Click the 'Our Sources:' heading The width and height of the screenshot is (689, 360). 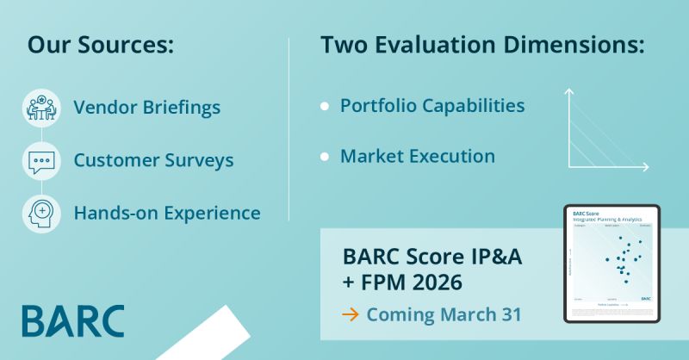[x=100, y=46]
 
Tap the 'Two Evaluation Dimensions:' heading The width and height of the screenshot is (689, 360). [x=482, y=46]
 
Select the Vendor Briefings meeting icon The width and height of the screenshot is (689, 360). [x=41, y=108]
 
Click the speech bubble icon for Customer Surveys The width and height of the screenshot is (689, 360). [x=41, y=161]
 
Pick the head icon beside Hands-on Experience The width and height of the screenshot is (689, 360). [x=41, y=213]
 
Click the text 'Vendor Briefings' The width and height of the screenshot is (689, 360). [x=146, y=108]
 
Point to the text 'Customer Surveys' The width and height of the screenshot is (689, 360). [x=153, y=160]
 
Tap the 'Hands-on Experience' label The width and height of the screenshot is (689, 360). [x=166, y=212]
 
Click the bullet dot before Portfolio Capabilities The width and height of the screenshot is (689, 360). [x=325, y=107]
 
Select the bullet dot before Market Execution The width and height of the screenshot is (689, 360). [x=325, y=158]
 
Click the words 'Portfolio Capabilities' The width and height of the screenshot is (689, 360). [x=432, y=106]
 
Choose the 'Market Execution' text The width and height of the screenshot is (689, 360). [x=418, y=157]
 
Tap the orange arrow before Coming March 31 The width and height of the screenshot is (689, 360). [x=350, y=314]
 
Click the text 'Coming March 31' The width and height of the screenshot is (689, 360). [x=444, y=314]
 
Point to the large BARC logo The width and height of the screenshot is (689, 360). [x=73, y=320]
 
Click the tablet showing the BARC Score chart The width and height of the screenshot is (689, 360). [x=611, y=263]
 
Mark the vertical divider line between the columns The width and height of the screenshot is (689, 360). [x=289, y=129]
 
